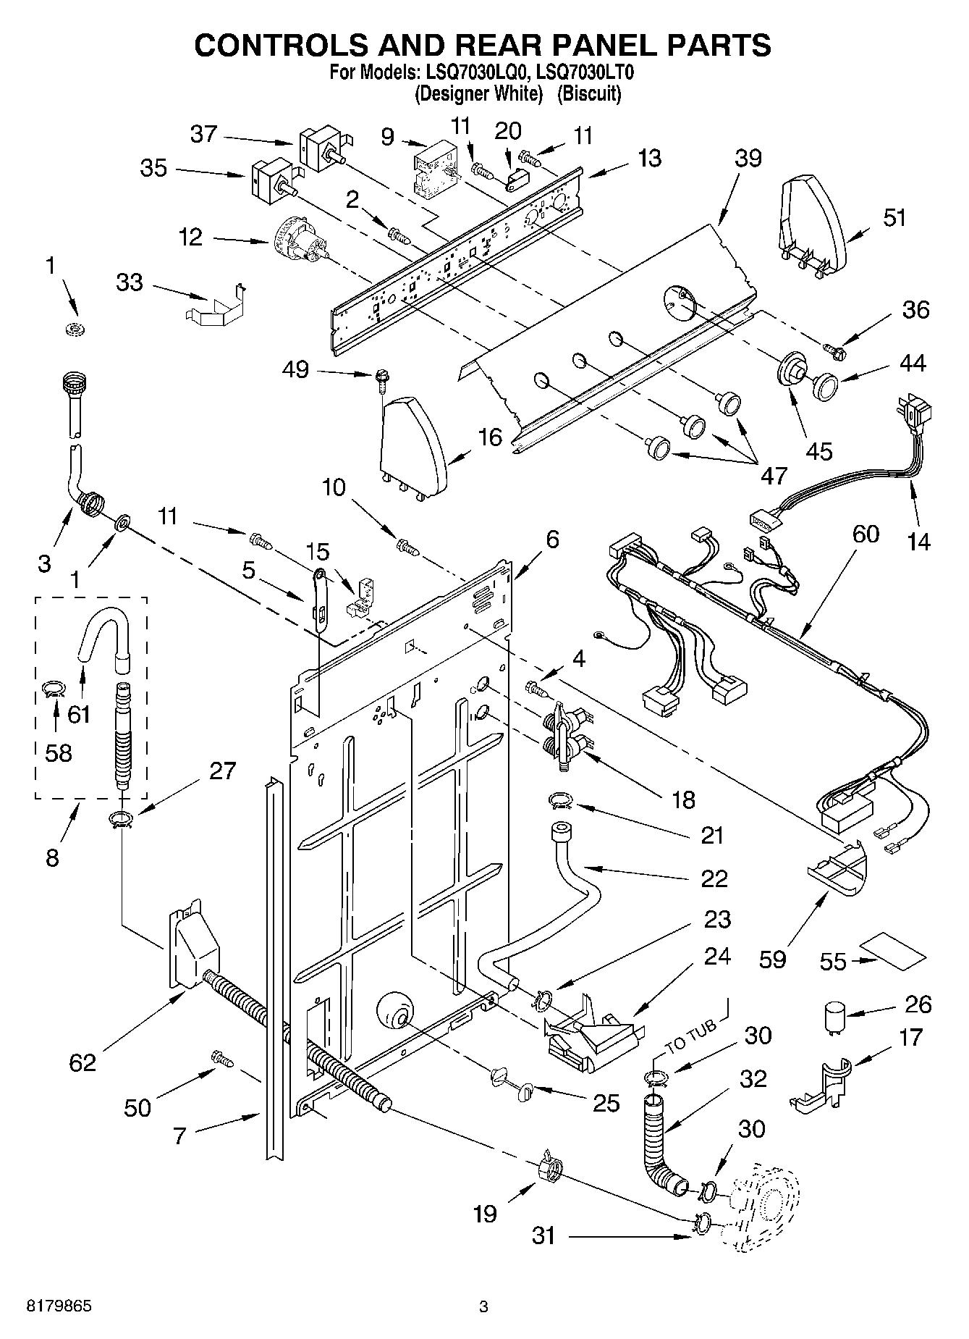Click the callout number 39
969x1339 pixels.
click(x=748, y=158)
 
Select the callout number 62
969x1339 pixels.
click(x=82, y=1062)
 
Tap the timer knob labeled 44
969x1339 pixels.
click(x=824, y=385)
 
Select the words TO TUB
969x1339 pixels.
click(x=690, y=1037)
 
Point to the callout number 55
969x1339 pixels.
click(x=833, y=961)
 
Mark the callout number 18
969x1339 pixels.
click(x=682, y=799)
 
